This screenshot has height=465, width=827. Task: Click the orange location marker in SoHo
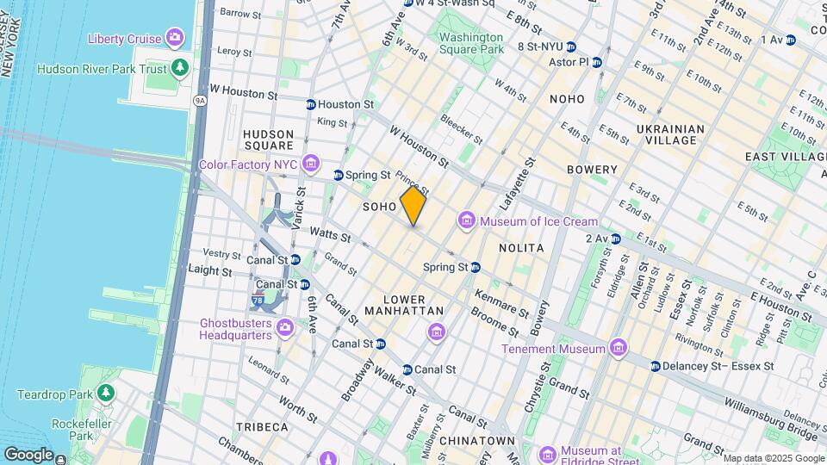tap(413, 206)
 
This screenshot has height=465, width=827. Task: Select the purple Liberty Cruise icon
tap(176, 38)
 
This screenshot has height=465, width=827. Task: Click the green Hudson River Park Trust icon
tap(179, 68)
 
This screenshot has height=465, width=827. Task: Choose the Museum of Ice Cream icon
tap(468, 221)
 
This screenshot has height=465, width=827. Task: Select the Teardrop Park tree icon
tap(106, 394)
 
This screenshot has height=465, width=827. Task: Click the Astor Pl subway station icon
tap(597, 62)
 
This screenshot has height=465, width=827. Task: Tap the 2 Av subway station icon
tap(615, 239)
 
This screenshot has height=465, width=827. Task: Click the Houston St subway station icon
tap(310, 104)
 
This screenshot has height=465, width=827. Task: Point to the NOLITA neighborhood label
tap(521, 248)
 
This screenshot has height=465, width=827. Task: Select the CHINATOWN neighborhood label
tap(476, 441)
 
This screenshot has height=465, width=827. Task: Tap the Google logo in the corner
tap(28, 454)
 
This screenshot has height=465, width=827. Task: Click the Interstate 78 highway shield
tap(258, 301)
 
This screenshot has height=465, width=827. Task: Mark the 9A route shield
tap(200, 100)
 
